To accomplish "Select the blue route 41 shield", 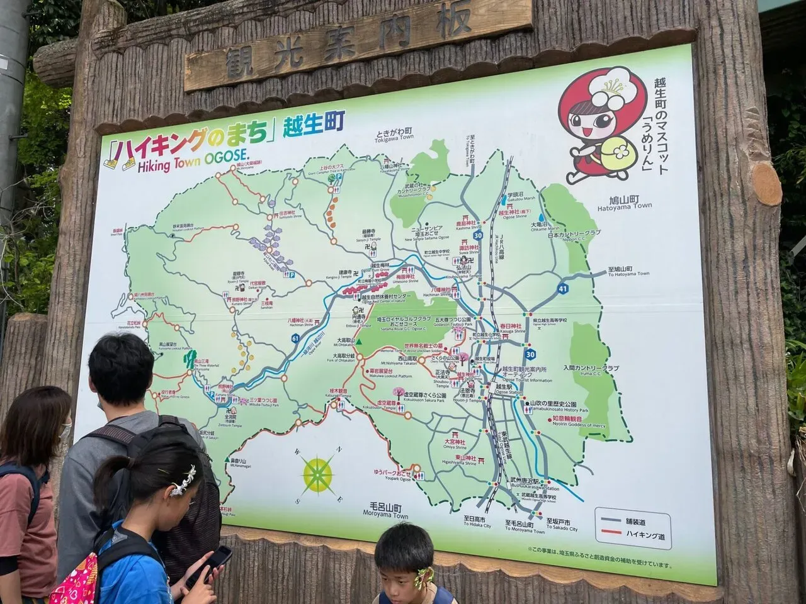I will (562, 290).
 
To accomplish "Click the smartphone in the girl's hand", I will (215, 559).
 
